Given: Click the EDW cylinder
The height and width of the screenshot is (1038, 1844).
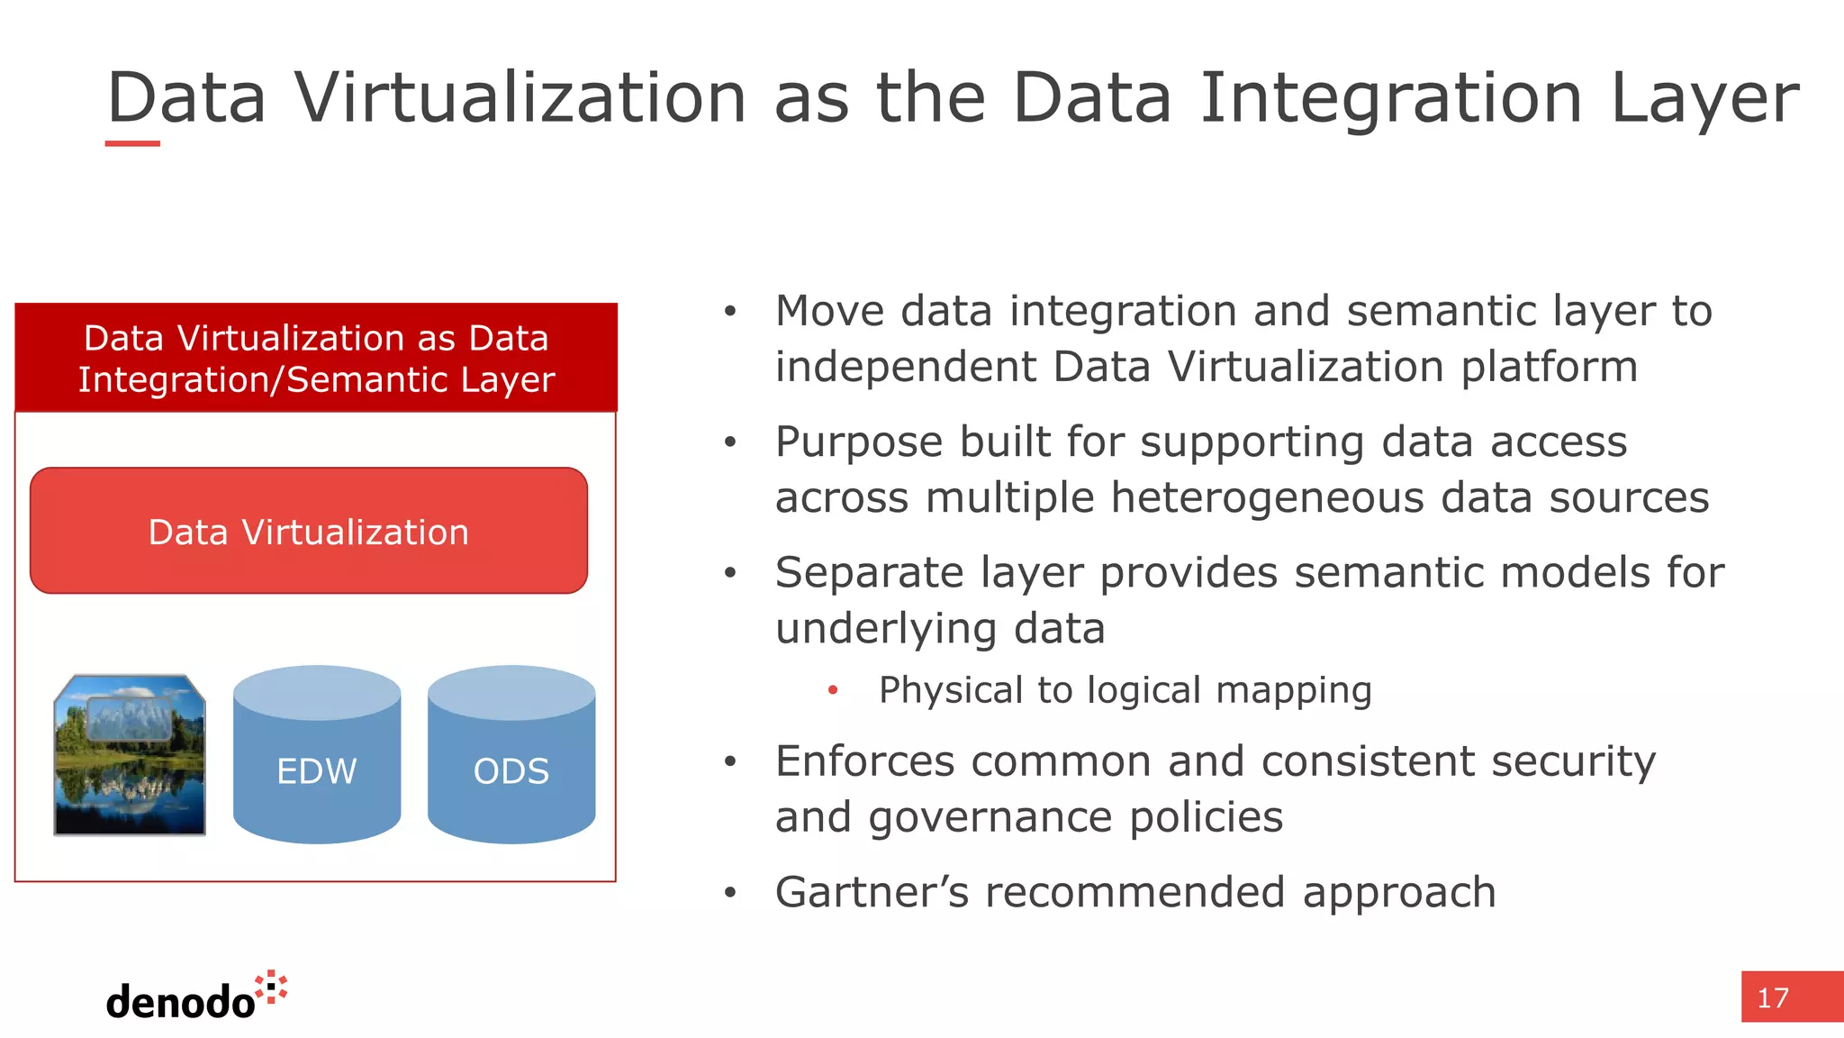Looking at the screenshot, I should (317, 757).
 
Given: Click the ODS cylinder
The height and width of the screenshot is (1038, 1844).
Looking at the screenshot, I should (511, 757).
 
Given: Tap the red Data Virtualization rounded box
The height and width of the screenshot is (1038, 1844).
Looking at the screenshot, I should (309, 531).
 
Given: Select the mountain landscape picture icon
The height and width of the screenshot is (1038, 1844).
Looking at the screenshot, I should (130, 755).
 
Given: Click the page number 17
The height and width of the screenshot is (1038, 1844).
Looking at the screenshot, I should (1773, 998).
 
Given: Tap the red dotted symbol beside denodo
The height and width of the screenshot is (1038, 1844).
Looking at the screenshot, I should (272, 988).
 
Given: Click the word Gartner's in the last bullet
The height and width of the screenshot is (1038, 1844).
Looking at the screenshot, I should (872, 892).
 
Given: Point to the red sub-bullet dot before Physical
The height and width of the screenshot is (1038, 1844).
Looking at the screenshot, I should (833, 690).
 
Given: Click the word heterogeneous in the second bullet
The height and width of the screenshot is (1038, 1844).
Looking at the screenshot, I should (1267, 498).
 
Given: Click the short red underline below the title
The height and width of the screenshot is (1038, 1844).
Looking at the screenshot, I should (132, 143).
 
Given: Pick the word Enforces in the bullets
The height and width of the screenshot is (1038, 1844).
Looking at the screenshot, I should (864, 761).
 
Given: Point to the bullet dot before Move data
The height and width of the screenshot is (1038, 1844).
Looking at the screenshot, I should (730, 312).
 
